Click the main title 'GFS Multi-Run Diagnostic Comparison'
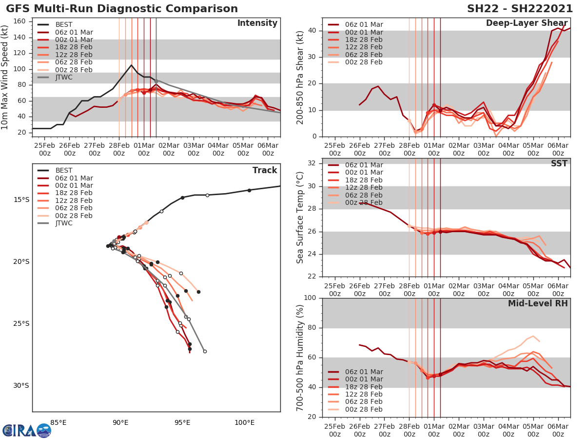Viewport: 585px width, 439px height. pyautogui.click(x=122, y=9)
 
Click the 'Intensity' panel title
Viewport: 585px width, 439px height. pyautogui.click(x=257, y=23)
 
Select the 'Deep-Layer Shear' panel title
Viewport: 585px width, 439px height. pyautogui.click(x=526, y=23)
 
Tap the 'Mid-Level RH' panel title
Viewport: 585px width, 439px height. pyautogui.click(x=538, y=303)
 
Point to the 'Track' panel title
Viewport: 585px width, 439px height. pyautogui.click(x=265, y=170)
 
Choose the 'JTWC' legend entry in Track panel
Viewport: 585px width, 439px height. pyautogui.click(x=64, y=223)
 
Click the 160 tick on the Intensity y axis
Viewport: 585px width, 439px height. pyautogui.click(x=22, y=21)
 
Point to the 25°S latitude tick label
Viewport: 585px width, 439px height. pyautogui.click(x=21, y=323)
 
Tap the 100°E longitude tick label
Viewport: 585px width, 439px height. pyautogui.click(x=244, y=422)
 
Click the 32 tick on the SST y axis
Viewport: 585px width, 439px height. pyautogui.click(x=312, y=163)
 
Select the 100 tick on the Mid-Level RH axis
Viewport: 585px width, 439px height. pyautogui.click(x=310, y=298)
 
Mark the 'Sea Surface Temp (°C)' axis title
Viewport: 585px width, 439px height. pyautogui.click(x=300, y=217)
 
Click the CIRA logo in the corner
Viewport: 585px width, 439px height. pyautogui.click(x=26, y=430)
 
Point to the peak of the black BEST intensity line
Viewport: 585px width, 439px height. pyautogui.click(x=131, y=65)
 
